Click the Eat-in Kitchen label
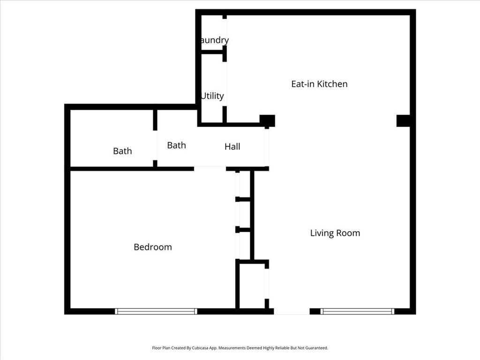[x=319, y=84]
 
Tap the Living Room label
[x=335, y=233]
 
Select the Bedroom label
[x=153, y=247]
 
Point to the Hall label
[x=232, y=147]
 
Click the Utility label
[x=212, y=96]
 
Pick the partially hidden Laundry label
[x=214, y=40]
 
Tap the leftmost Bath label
[x=122, y=151]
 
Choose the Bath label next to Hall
[x=176, y=145]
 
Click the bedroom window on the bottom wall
[x=156, y=311]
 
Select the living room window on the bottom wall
[x=358, y=311]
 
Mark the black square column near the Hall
[x=267, y=120]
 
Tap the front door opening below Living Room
[x=292, y=311]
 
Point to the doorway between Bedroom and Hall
[x=210, y=168]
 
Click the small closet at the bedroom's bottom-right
[x=252, y=285]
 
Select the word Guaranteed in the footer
[x=316, y=348]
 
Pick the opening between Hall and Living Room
[x=267, y=147]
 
